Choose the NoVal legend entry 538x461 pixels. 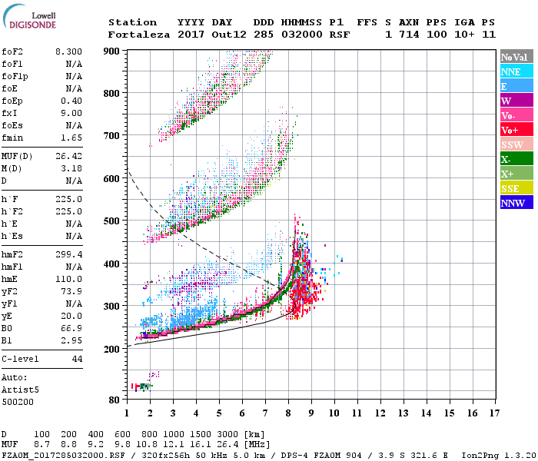tap(516, 57)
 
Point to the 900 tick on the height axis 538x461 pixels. tap(112, 51)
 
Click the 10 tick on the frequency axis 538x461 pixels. tap(334, 413)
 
